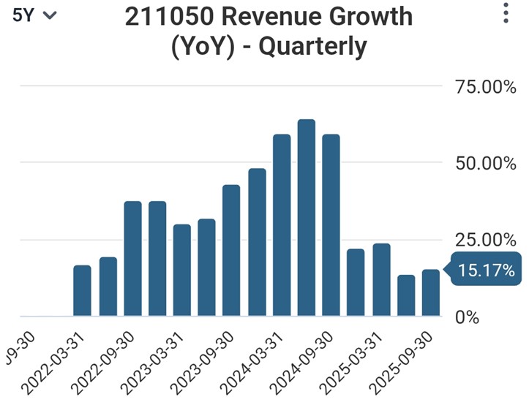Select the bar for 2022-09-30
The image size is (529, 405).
132,259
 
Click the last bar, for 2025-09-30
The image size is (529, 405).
431,293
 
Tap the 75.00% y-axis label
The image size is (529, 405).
485,88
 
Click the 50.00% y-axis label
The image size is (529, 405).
485,163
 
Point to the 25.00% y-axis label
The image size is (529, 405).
485,240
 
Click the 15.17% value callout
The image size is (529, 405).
485,271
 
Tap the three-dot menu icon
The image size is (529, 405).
506,13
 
